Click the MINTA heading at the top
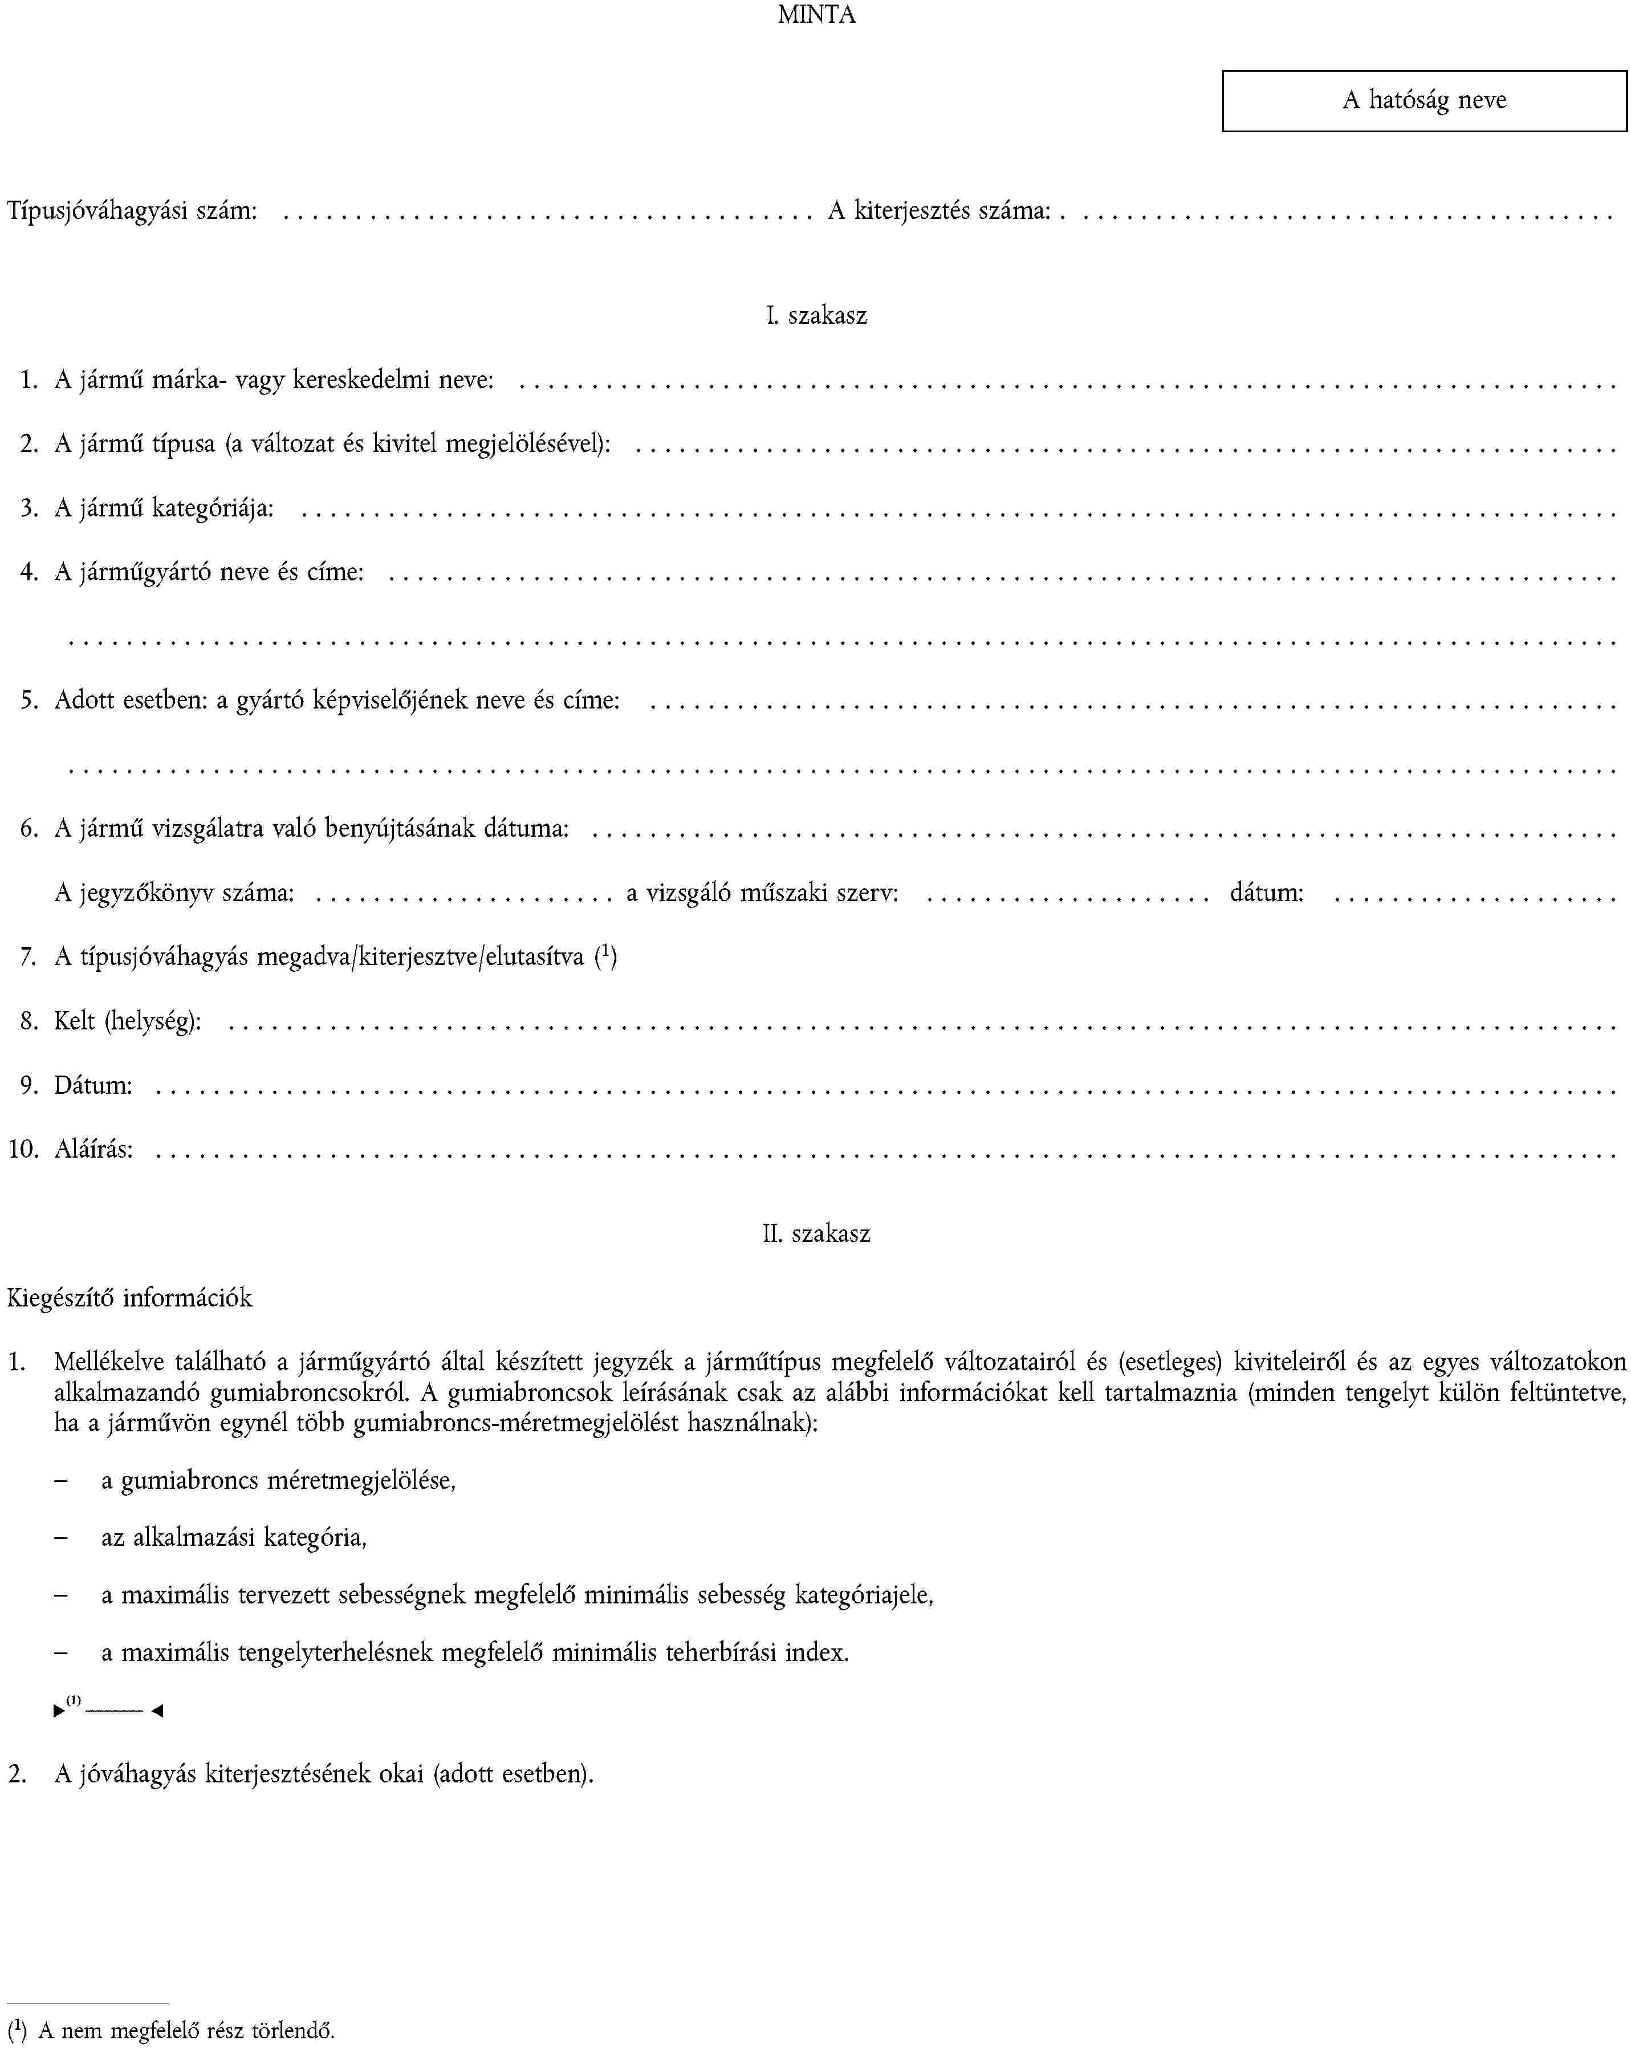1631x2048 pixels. click(816, 15)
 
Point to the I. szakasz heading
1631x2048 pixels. click(816, 315)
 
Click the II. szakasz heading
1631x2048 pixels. click(816, 1234)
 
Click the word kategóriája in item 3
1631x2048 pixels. click(212, 508)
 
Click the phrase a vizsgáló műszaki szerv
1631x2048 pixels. click(762, 893)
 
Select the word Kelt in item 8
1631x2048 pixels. click(74, 1021)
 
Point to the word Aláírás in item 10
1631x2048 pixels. click(93, 1149)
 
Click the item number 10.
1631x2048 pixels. click(23, 1149)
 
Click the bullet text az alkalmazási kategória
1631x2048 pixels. click(234, 1537)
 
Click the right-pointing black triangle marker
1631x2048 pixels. click(59, 1711)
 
